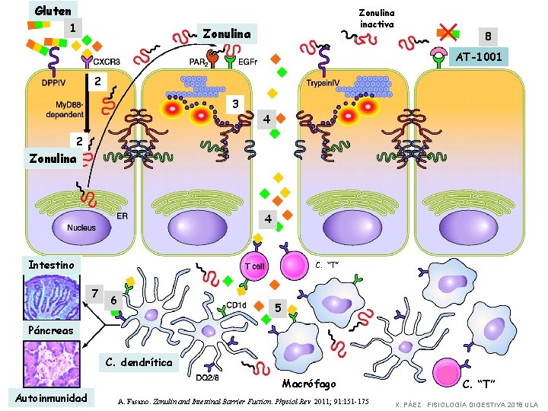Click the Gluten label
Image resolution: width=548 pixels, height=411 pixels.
coord(53,11)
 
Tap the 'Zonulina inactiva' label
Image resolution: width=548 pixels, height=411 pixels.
coord(377,18)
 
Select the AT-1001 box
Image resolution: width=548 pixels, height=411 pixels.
coord(477,56)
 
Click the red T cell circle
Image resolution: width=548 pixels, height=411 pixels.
coord(255,266)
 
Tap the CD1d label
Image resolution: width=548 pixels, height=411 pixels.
coord(236,304)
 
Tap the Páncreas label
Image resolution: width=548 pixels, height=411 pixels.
coord(50,330)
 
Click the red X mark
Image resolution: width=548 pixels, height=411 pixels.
coord(448,32)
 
